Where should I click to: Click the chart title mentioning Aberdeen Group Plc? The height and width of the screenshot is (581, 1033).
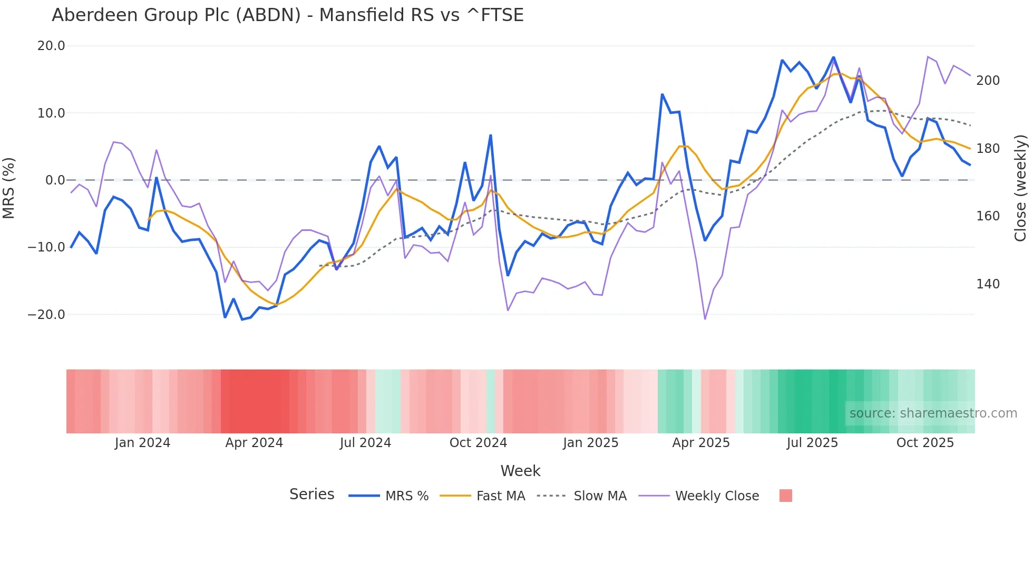(287, 15)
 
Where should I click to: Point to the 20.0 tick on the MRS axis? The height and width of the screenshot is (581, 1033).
(51, 46)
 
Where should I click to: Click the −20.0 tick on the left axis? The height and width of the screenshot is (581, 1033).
(46, 315)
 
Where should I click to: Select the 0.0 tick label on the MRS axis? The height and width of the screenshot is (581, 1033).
(55, 180)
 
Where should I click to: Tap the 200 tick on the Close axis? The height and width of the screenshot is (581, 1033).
(988, 81)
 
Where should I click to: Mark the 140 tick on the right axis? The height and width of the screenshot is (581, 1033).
(988, 284)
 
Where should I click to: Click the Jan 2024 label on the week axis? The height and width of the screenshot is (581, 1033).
(142, 443)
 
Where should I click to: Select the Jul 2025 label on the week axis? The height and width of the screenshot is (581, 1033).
(812, 443)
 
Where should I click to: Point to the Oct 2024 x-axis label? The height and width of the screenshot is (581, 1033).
(478, 443)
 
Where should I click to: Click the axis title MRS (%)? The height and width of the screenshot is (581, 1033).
(9, 188)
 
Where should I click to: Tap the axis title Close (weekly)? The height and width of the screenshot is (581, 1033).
(1020, 188)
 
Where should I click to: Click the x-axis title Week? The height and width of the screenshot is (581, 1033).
(520, 471)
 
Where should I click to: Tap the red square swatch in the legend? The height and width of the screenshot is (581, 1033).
(785, 496)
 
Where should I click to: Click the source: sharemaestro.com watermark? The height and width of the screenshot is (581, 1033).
(933, 413)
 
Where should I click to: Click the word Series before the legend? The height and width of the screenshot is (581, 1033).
(311, 495)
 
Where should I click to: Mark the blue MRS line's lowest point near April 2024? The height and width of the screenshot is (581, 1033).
(242, 319)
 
